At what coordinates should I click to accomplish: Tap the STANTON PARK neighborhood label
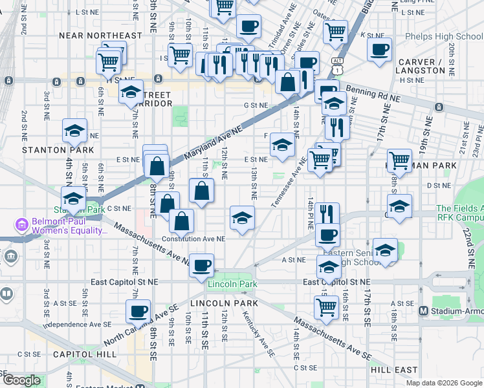click(x=58, y=150)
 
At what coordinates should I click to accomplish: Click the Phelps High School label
click(x=442, y=37)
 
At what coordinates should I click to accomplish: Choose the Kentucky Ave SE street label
click(x=259, y=334)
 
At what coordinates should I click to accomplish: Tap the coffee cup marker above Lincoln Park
click(x=202, y=264)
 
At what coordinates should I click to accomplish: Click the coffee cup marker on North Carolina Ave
click(x=138, y=311)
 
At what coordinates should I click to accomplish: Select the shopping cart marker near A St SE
click(x=327, y=307)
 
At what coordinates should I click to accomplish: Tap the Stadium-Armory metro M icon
click(x=423, y=310)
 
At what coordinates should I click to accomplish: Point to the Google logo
click(x=21, y=380)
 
